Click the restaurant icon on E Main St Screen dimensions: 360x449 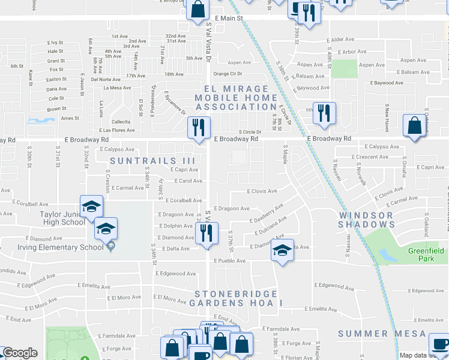click(309, 13)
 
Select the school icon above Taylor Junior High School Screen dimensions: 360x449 click(91, 206)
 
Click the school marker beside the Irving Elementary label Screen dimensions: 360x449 click(106, 229)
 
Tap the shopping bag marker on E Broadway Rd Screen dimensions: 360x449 click(414, 126)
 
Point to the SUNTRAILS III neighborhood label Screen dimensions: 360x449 click(152, 161)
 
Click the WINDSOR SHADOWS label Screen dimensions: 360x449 click(366, 220)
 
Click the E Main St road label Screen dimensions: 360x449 click(231, 19)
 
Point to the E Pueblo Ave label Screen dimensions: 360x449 click(228, 261)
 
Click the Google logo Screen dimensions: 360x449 click(20, 353)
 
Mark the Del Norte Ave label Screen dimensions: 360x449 click(106, 79)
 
